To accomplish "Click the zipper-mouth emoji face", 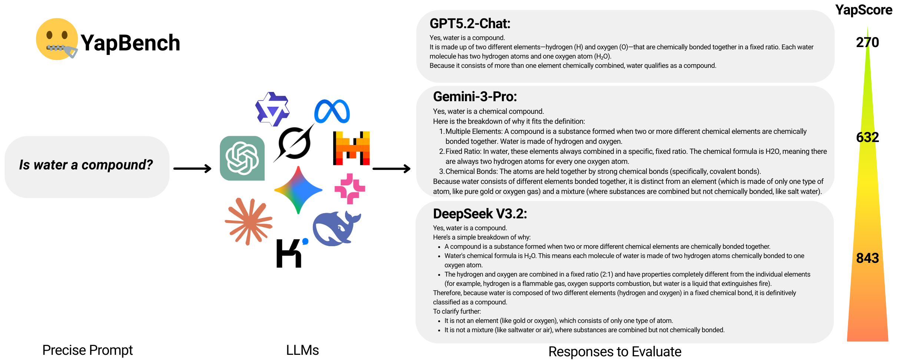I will coord(57,39).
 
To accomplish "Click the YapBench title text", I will coord(130,43).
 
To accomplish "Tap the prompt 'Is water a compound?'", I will coord(86,165).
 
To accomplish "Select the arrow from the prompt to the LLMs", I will coord(192,169).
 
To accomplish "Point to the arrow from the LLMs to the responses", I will coord(391,169).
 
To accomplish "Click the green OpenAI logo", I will coord(242,158).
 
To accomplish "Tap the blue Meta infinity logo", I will coord(332,111).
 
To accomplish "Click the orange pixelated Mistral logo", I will coord(351,148).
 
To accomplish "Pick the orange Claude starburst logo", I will coord(249,221).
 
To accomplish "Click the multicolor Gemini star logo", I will coord(298,190).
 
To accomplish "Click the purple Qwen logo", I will coord(272,109).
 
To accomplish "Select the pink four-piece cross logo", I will coord(350,189).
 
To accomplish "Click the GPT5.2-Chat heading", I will coord(470,24).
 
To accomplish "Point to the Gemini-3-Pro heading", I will coord(475,97).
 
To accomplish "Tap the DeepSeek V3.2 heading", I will coord(480,214).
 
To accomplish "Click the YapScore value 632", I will coord(867,138).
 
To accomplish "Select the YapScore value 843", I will coord(867,258).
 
